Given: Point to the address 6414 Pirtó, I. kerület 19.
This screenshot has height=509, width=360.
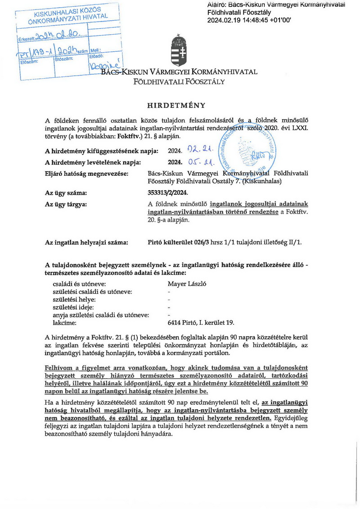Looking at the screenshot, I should click(x=201, y=322).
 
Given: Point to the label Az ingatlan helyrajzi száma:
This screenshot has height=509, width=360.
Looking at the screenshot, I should click(x=87, y=243).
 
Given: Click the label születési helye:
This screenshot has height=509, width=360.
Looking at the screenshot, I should click(x=75, y=299).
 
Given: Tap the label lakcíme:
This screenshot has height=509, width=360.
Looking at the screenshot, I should click(x=64, y=322).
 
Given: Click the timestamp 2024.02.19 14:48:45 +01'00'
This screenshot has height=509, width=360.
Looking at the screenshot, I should click(x=249, y=20).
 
